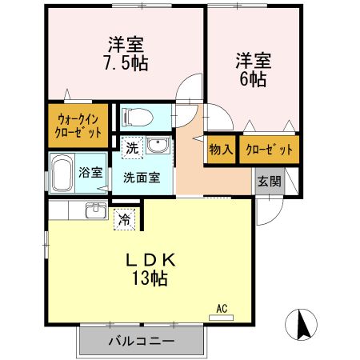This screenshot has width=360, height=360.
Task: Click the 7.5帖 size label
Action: point(126,62)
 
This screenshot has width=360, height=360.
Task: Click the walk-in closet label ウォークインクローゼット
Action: point(78,126)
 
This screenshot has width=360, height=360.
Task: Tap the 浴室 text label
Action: point(90,171)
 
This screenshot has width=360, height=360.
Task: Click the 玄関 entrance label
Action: point(268,181)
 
